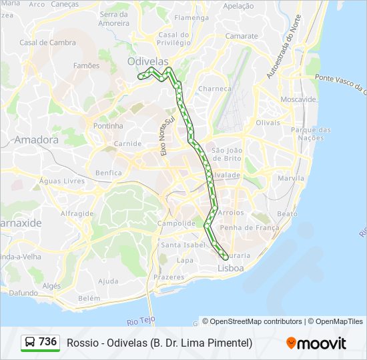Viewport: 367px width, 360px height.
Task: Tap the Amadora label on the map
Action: (x=36, y=140)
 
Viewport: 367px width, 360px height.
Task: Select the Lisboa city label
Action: (x=231, y=268)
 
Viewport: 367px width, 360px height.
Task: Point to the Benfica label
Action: (x=109, y=173)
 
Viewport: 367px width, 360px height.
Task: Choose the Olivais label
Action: (x=268, y=123)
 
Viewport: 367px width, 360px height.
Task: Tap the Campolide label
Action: (x=176, y=223)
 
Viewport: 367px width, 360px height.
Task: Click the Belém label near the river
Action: (x=89, y=299)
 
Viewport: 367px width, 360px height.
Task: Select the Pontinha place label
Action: (x=108, y=125)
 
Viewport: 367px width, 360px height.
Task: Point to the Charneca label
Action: (x=214, y=88)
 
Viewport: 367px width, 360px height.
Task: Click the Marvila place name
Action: (x=291, y=179)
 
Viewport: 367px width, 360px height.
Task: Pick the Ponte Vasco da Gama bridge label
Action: (x=340, y=83)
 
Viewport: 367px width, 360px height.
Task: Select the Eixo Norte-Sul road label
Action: (x=167, y=135)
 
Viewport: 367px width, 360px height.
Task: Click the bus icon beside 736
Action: (x=30, y=343)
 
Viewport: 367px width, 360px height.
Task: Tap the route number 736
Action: (x=48, y=342)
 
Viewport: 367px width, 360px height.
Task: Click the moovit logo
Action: (x=316, y=343)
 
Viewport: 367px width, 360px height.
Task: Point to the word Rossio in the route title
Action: (x=81, y=343)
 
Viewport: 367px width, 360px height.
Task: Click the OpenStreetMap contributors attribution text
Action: (x=252, y=321)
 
